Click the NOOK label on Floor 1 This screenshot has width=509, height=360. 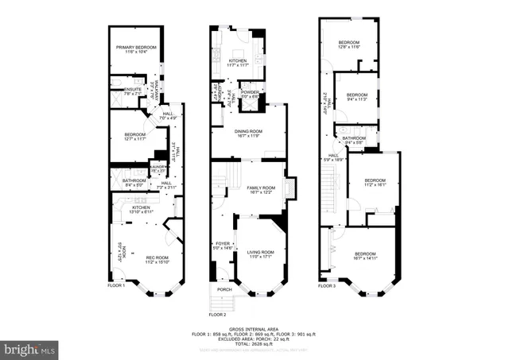click(121, 253)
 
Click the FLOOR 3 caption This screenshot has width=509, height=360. click(327, 286)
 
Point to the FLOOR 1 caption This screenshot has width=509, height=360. click(116, 285)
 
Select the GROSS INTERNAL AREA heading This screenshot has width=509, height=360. click(254, 327)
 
